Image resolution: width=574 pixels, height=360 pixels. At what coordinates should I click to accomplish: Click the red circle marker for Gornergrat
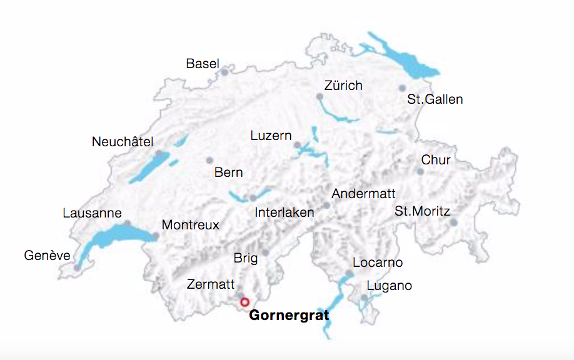244,302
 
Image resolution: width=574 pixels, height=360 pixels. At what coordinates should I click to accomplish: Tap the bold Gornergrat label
289,316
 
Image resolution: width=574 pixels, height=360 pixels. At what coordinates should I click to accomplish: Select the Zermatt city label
211,284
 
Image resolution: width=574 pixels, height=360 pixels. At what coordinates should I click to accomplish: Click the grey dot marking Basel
224,72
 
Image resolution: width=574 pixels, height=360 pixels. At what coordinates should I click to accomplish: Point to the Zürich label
343,86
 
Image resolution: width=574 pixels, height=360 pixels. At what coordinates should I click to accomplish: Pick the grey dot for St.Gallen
403,88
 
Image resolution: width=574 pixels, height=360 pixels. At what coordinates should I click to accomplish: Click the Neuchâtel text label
123,142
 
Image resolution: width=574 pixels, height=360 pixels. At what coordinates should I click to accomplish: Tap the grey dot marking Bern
209,160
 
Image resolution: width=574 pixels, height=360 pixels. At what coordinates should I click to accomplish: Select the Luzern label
271,136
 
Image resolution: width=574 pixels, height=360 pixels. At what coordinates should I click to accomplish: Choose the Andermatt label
363,194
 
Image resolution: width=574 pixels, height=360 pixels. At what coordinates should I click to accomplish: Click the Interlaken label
284,212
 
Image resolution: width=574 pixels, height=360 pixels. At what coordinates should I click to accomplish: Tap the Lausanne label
92,213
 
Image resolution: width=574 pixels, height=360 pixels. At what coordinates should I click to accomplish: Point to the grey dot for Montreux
155,236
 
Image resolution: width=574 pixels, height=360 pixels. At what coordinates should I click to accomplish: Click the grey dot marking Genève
77,267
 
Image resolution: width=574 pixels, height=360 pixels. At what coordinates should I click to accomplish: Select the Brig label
245,258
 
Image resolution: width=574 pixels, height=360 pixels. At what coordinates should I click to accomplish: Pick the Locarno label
378,262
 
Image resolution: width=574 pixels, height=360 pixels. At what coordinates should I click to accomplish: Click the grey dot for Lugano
364,297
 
